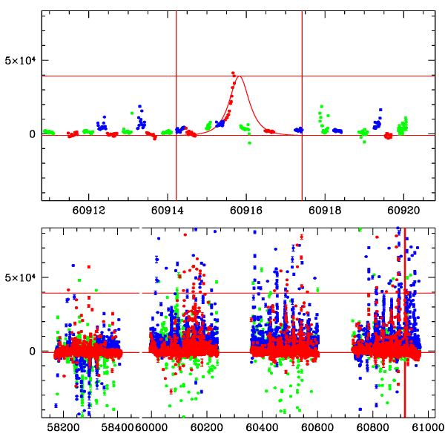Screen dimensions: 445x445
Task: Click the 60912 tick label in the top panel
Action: coord(90,211)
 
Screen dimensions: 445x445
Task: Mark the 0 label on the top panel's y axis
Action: coord(33,134)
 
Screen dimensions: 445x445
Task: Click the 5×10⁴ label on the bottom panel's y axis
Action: coord(20,277)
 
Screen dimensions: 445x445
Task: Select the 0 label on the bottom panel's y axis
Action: coord(33,351)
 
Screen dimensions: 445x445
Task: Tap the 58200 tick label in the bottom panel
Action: coord(63,428)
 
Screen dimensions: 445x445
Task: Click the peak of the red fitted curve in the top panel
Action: coord(240,76)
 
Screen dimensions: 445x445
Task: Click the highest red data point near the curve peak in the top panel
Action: coord(233,73)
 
